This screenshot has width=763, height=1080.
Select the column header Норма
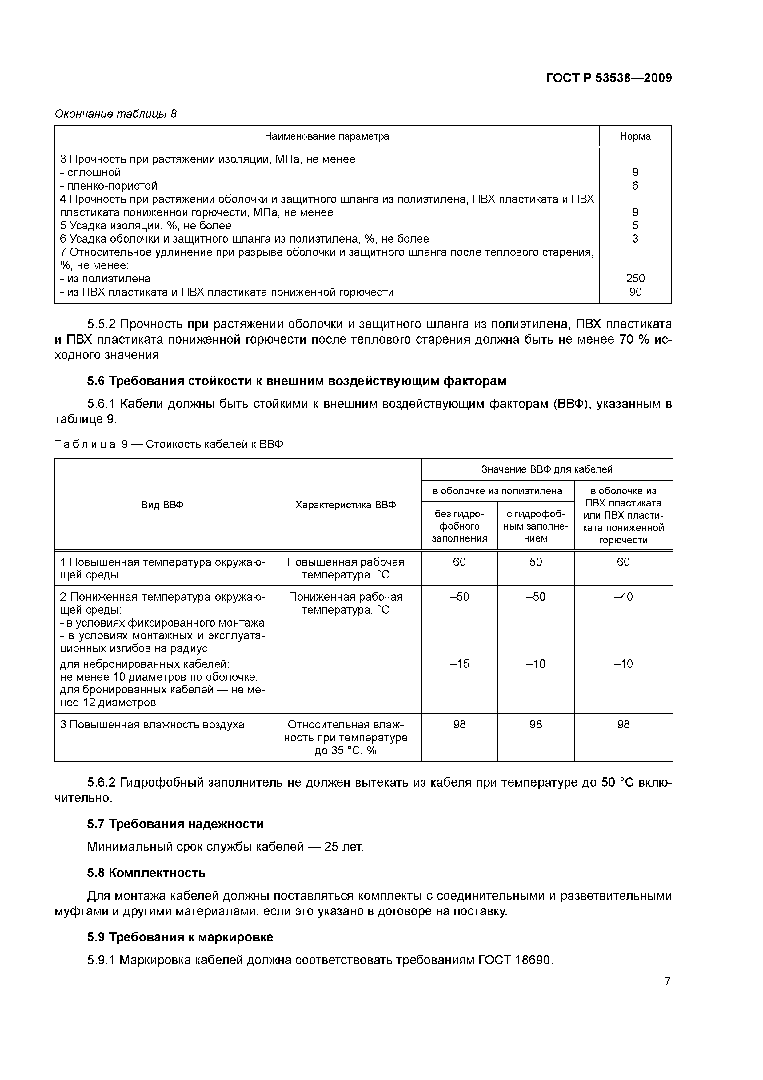click(635, 136)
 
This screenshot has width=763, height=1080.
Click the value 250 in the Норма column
click(635, 279)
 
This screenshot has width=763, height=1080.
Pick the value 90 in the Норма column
click(635, 292)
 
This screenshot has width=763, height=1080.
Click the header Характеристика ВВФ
click(346, 505)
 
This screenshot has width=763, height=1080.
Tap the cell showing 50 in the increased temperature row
click(535, 562)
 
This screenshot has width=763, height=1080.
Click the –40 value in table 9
click(623, 597)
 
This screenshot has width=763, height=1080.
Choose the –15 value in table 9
click(459, 664)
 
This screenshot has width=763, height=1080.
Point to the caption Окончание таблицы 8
click(116, 114)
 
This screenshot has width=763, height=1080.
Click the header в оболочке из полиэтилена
click(497, 491)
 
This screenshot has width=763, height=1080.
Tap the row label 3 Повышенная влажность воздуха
click(152, 725)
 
